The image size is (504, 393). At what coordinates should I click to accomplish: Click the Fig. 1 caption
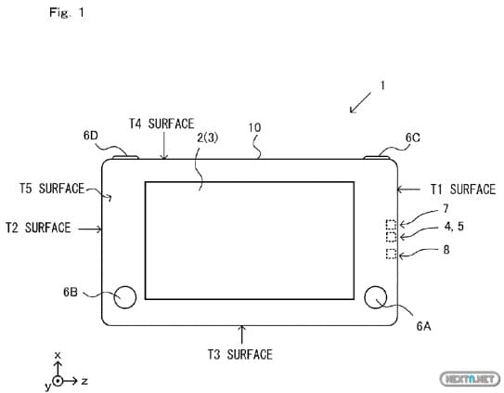coord(67,13)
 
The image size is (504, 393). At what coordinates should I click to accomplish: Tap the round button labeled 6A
coord(376,296)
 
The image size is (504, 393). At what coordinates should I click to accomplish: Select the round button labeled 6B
coord(124,296)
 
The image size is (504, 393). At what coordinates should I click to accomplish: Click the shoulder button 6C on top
coord(377,157)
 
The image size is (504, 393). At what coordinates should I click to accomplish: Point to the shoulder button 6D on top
coord(125,157)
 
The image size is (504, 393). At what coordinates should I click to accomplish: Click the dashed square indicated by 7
coord(391,224)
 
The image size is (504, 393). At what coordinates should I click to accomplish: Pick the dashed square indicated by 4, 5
coord(391,237)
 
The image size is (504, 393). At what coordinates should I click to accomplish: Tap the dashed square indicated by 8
coord(391,254)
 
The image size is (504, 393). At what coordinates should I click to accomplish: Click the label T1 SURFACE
coord(463,190)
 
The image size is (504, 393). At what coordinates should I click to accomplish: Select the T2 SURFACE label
coord(38,228)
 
